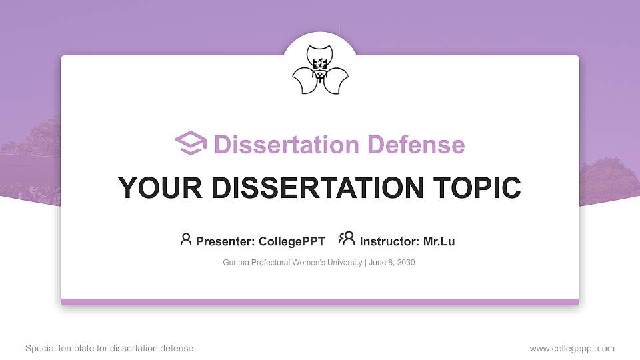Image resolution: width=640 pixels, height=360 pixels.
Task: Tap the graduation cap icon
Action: click(191, 144)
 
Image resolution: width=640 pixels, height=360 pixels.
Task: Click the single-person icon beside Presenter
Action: click(186, 239)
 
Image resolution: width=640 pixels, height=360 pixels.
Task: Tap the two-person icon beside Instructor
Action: click(347, 239)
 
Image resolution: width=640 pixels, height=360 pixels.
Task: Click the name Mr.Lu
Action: click(439, 241)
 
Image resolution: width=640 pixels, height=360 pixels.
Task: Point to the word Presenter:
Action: click(225, 241)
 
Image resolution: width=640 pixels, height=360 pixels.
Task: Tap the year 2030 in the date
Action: click(405, 263)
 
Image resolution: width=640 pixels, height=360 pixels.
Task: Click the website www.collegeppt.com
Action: click(572, 348)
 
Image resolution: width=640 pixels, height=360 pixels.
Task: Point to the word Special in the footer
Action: click(39, 348)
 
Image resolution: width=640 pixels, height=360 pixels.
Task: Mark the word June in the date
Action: click(378, 263)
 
